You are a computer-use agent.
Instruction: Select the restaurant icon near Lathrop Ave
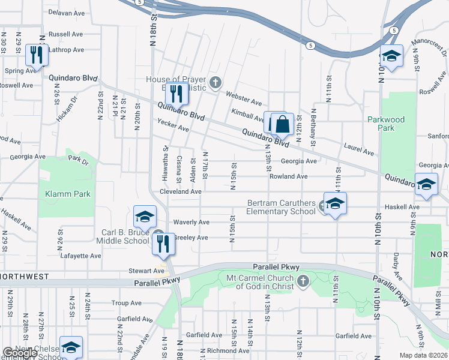coord(37,55)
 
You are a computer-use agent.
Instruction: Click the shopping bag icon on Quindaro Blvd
coord(283,125)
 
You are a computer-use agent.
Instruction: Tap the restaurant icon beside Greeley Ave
coord(163,243)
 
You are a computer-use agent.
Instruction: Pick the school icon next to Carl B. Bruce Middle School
coord(145,216)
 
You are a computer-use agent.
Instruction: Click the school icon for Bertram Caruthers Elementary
coord(336,203)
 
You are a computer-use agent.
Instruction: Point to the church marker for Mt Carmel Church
coord(304,281)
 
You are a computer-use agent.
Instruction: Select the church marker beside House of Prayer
coord(215,82)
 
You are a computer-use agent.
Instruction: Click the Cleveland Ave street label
coord(180,191)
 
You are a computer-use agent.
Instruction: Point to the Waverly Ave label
coord(191,222)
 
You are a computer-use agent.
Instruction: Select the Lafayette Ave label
coord(81,256)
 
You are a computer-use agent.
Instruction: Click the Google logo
coord(20,353)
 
